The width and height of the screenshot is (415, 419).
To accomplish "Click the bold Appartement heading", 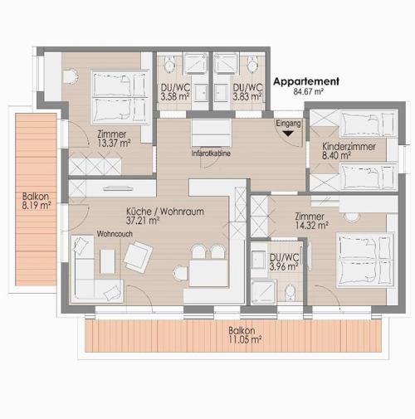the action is click(x=306, y=81).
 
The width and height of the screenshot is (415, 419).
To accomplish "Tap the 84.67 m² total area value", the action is click(x=309, y=91).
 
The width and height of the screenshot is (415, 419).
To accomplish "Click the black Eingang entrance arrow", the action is click(x=288, y=134).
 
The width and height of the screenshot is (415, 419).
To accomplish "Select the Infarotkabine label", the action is click(x=211, y=153).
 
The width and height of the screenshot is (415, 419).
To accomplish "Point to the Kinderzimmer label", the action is click(x=349, y=146).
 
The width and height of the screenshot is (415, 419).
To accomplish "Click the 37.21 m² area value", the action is click(x=143, y=221).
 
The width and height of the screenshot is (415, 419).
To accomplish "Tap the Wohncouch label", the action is click(x=115, y=234).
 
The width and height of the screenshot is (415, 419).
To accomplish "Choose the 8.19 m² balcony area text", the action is click(x=37, y=206).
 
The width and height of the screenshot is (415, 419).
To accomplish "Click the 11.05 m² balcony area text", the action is click(x=245, y=339).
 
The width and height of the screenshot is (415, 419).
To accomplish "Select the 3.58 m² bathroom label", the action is click(x=175, y=97).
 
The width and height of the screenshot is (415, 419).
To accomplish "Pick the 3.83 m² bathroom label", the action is click(x=247, y=97).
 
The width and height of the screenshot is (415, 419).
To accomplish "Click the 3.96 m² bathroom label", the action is click(x=284, y=267).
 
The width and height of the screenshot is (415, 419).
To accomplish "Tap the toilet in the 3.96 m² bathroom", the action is click(x=290, y=293).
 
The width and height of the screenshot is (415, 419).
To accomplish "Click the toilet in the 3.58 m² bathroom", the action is click(x=169, y=64).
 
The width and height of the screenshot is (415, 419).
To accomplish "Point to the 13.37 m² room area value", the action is click(x=114, y=144).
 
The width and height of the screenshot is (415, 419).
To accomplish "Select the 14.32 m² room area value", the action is click(x=312, y=226).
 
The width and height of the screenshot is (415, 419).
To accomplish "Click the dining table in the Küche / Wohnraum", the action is click(x=209, y=273).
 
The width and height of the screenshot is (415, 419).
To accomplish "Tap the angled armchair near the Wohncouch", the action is click(x=138, y=256).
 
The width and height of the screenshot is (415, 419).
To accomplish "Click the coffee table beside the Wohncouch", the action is click(x=107, y=261).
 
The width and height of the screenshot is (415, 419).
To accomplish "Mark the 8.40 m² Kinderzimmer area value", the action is click(x=337, y=155).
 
